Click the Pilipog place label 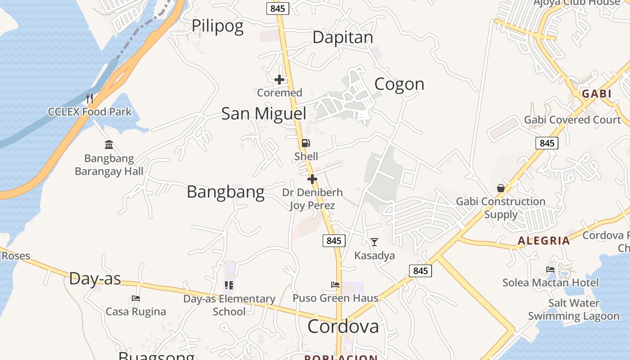[217, 26]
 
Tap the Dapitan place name [342, 37]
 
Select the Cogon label [399, 84]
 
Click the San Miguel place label [264, 113]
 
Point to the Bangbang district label [225, 192]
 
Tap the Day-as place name [95, 279]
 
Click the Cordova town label [343, 327]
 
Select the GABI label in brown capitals [597, 94]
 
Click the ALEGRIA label [544, 241]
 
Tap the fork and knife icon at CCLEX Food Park [90, 98]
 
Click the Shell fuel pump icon [306, 144]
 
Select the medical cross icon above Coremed [279, 80]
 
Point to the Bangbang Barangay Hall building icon [109, 145]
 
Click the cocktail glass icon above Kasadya [374, 242]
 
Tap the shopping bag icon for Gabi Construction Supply [500, 188]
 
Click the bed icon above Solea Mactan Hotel [550, 270]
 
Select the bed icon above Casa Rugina [136, 298]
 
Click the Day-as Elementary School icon [229, 285]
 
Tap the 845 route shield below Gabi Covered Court [547, 143]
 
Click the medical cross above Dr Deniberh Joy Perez [312, 179]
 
